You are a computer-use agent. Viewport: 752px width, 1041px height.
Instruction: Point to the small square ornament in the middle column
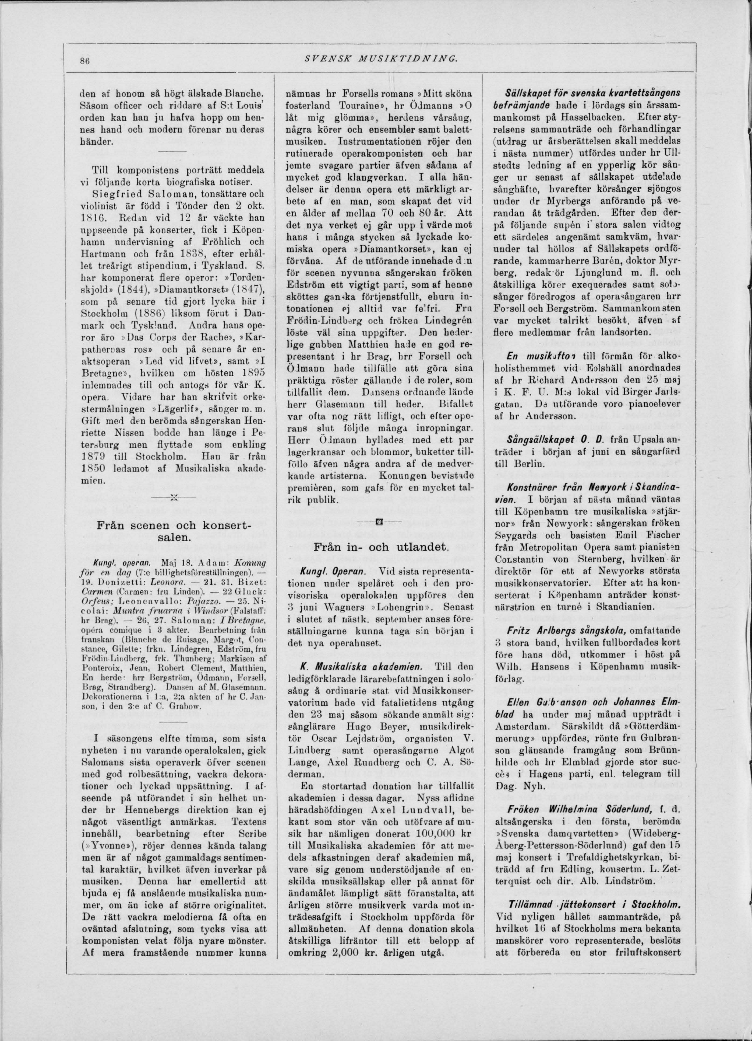pos(380,522)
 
